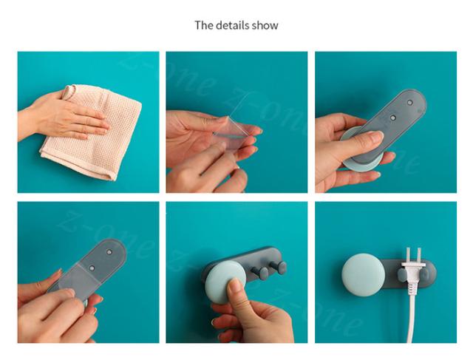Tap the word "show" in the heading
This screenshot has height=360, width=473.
(265, 25)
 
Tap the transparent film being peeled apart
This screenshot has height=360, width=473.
(232, 133)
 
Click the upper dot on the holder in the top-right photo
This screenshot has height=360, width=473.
(409, 103)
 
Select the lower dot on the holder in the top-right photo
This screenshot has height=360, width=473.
(392, 118)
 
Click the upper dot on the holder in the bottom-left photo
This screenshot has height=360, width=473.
(109, 252)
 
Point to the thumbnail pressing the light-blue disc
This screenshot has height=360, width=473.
(234, 285)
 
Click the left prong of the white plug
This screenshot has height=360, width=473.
(409, 255)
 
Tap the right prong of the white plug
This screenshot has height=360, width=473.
(419, 255)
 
